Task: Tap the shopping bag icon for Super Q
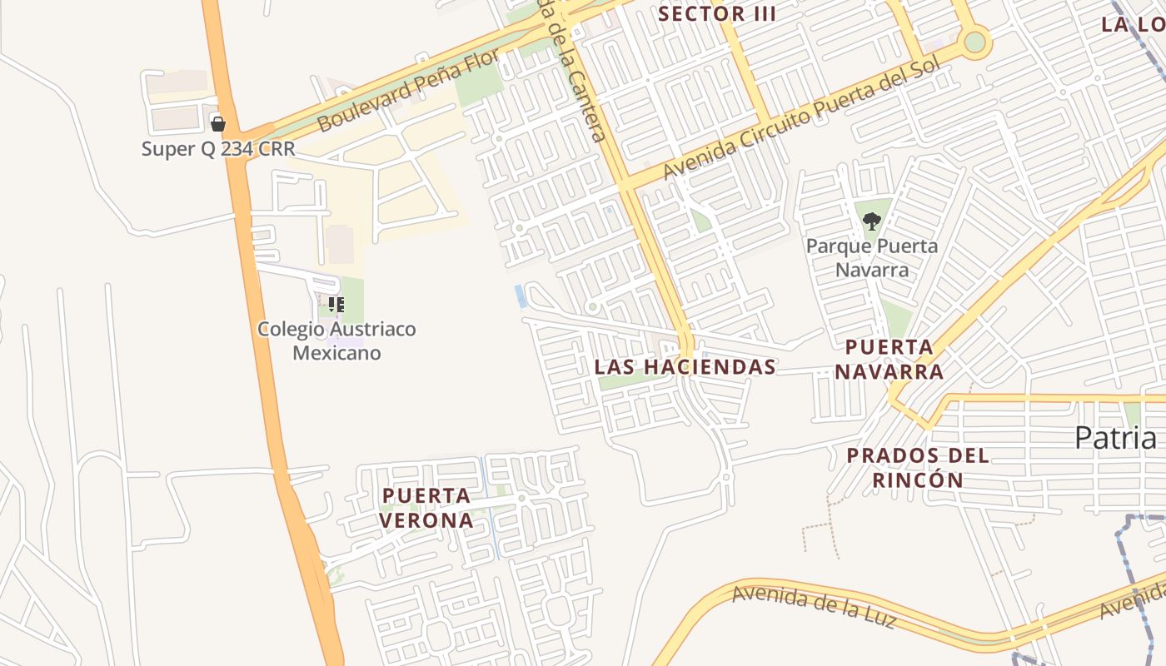pyautogui.click(x=218, y=124)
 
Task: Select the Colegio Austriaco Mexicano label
pyautogui.click(x=336, y=340)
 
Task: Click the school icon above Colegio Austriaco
pyautogui.click(x=336, y=304)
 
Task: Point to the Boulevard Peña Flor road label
pyautogui.click(x=409, y=90)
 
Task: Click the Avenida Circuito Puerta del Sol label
pyautogui.click(x=801, y=119)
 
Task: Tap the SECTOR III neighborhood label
pyautogui.click(x=717, y=14)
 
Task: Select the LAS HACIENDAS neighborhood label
pyautogui.click(x=685, y=367)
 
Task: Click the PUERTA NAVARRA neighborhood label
pyautogui.click(x=889, y=360)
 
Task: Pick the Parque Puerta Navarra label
pyautogui.click(x=872, y=258)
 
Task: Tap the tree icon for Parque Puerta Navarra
pyautogui.click(x=872, y=221)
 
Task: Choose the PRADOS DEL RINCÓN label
pyautogui.click(x=918, y=468)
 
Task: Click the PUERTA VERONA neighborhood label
pyautogui.click(x=426, y=508)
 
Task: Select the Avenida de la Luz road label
pyautogui.click(x=814, y=607)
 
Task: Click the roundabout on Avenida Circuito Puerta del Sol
pyautogui.click(x=974, y=42)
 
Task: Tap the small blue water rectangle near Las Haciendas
pyautogui.click(x=521, y=296)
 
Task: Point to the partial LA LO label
pyautogui.click(x=1133, y=24)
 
